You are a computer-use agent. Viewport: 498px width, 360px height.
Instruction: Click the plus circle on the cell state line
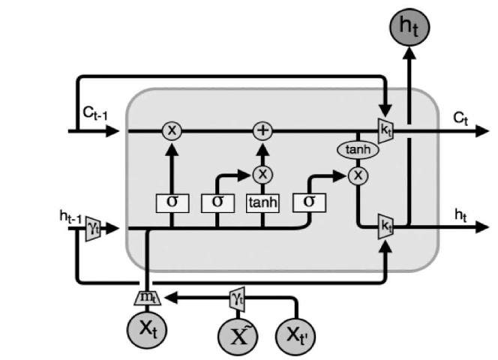coord(262,130)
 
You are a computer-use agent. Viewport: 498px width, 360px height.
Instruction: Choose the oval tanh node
coord(358,151)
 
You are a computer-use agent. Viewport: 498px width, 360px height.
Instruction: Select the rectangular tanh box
coord(262,202)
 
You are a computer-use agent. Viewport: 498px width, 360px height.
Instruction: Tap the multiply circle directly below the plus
coord(262,174)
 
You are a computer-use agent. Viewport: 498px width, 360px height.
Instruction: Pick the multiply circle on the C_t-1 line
coord(172,130)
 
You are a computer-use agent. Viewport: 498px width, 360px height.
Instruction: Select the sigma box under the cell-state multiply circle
coord(172,202)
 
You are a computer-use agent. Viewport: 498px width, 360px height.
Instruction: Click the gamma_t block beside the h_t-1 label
coord(94,226)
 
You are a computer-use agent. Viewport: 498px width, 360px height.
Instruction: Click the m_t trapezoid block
coord(148,298)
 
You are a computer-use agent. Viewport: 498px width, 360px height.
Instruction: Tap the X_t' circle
coord(298,335)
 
